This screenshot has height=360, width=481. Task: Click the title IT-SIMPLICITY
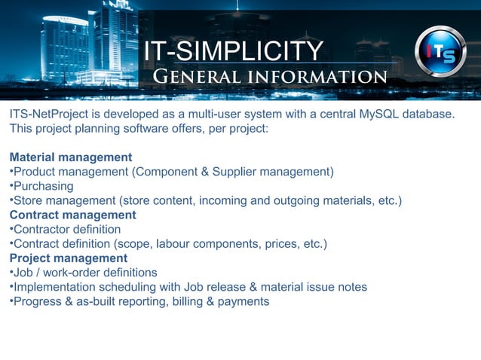[x=233, y=52]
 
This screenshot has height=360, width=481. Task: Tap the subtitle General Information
[x=270, y=77]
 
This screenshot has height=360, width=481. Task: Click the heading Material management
[x=71, y=157]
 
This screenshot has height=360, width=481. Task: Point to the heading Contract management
[x=72, y=215]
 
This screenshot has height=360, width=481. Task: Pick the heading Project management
[x=69, y=258]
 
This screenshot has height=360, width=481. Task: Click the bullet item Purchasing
[x=43, y=186]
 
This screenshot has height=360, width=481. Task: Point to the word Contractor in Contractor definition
[x=41, y=229]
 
